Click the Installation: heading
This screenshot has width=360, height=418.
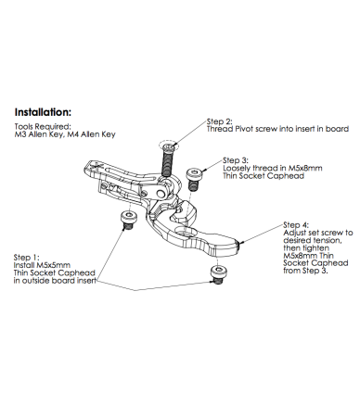pyautogui.click(x=43, y=112)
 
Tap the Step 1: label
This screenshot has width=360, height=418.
pyautogui.click(x=27, y=258)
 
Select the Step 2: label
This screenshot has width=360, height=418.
pyautogui.click(x=220, y=121)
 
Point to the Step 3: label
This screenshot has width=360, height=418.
pyautogui.click(x=236, y=160)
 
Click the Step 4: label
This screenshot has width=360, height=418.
pyautogui.click(x=296, y=225)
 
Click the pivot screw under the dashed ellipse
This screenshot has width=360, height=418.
pyautogui.click(x=167, y=159)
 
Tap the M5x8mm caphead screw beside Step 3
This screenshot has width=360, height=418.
pyautogui.click(x=193, y=178)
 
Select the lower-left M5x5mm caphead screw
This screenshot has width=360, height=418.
pyautogui.click(x=128, y=221)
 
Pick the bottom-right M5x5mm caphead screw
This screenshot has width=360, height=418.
pyautogui.click(x=218, y=274)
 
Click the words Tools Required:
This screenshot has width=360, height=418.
pyautogui.click(x=43, y=127)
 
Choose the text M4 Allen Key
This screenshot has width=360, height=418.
pyautogui.click(x=91, y=134)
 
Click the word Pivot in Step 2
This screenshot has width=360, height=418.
pyautogui.click(x=244, y=129)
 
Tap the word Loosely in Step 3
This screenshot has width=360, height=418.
pyautogui.click(x=237, y=168)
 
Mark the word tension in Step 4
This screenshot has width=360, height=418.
pyautogui.click(x=328, y=240)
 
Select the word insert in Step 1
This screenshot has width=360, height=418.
pyautogui.click(x=85, y=281)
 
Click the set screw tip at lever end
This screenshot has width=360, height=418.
pyautogui.click(x=239, y=244)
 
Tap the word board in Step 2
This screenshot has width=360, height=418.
pyautogui.click(x=338, y=129)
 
